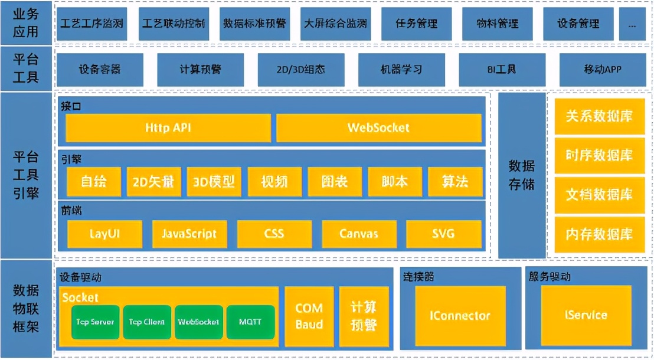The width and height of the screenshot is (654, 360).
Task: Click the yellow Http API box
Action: [168, 128]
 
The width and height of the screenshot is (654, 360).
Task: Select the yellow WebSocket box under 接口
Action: [378, 128]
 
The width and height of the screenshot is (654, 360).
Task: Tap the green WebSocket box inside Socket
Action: [198, 322]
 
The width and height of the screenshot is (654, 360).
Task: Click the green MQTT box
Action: [250, 322]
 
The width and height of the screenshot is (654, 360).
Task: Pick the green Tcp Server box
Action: [96, 322]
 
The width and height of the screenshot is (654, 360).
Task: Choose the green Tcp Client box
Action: [147, 322]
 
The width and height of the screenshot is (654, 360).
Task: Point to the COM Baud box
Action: [309, 316]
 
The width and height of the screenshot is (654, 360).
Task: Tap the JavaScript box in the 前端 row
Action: [189, 234]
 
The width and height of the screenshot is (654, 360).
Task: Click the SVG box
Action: [443, 234]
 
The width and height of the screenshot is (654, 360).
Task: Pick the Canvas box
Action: [358, 234]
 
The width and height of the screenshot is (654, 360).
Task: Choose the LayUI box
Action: [105, 234]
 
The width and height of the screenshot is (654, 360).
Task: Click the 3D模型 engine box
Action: [214, 182]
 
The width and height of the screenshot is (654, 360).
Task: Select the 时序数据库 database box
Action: [599, 155]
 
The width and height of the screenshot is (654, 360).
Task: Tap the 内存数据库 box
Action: [599, 234]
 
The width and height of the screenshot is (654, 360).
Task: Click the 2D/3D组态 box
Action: [300, 70]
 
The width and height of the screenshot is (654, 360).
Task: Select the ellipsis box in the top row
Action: [632, 25]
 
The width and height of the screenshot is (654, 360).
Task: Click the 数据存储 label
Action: [521, 175]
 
